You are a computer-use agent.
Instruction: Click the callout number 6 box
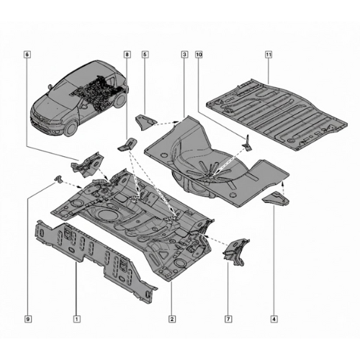(x=27, y=55)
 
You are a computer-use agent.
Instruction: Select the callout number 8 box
(x=127, y=55)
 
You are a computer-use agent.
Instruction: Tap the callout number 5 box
(x=145, y=55)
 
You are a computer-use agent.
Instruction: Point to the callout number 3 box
(x=184, y=55)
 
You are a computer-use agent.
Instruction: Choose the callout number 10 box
(x=199, y=55)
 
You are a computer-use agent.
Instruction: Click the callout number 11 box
(x=269, y=55)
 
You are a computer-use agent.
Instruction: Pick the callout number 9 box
(x=28, y=319)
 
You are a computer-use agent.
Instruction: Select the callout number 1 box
(x=77, y=319)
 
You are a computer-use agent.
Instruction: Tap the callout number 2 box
(x=172, y=319)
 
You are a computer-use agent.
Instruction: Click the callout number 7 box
(x=228, y=319)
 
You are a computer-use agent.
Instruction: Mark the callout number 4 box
(x=274, y=319)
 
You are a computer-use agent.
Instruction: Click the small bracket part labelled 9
(x=58, y=179)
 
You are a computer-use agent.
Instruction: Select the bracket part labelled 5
(x=145, y=122)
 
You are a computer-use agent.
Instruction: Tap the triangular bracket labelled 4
(x=276, y=198)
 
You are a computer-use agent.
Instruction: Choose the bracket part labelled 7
(x=236, y=251)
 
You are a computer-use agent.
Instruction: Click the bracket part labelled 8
(x=127, y=145)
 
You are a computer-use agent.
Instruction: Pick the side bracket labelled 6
(x=87, y=165)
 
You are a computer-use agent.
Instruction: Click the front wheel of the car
(x=71, y=127)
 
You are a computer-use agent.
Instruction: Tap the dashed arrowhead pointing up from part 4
(x=284, y=184)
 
